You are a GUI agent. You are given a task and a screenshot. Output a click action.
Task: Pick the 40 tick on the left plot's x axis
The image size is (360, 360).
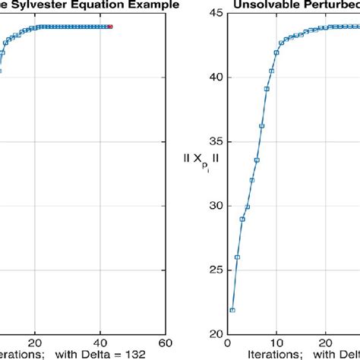110,343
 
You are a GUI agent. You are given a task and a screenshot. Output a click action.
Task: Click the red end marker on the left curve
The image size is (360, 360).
110,27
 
